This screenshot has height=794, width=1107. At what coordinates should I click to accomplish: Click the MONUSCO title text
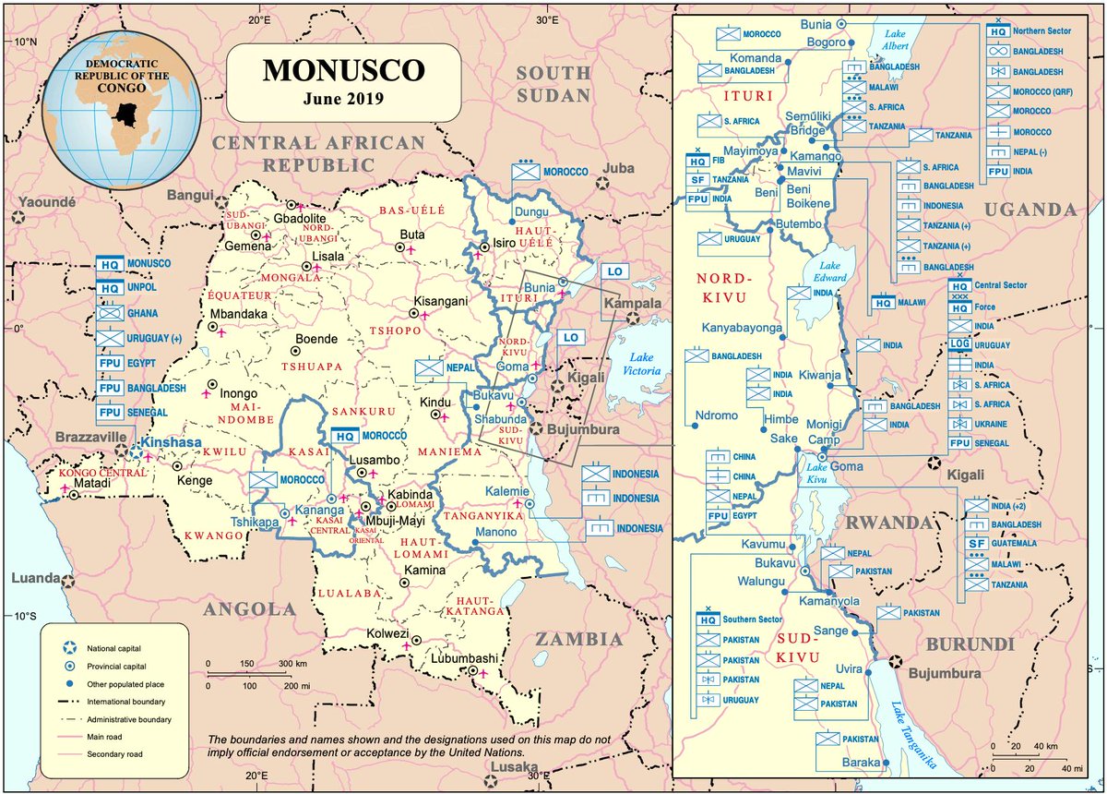click(x=344, y=70)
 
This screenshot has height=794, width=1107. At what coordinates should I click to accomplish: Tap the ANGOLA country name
click(x=250, y=608)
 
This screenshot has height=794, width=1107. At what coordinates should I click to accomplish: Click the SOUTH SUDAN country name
click(x=553, y=84)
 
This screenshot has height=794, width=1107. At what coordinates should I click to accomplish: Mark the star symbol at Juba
click(x=602, y=183)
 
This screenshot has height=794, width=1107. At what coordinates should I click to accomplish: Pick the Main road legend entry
click(x=110, y=736)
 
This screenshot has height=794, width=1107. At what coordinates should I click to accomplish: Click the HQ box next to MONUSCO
click(x=110, y=264)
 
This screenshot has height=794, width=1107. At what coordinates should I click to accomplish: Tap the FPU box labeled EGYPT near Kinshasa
click(x=110, y=363)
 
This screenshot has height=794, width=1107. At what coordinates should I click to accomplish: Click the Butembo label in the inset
click(x=797, y=224)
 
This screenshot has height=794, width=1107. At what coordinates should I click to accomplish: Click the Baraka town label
click(x=863, y=763)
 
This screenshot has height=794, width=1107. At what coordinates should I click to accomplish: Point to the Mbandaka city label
click(x=239, y=314)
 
